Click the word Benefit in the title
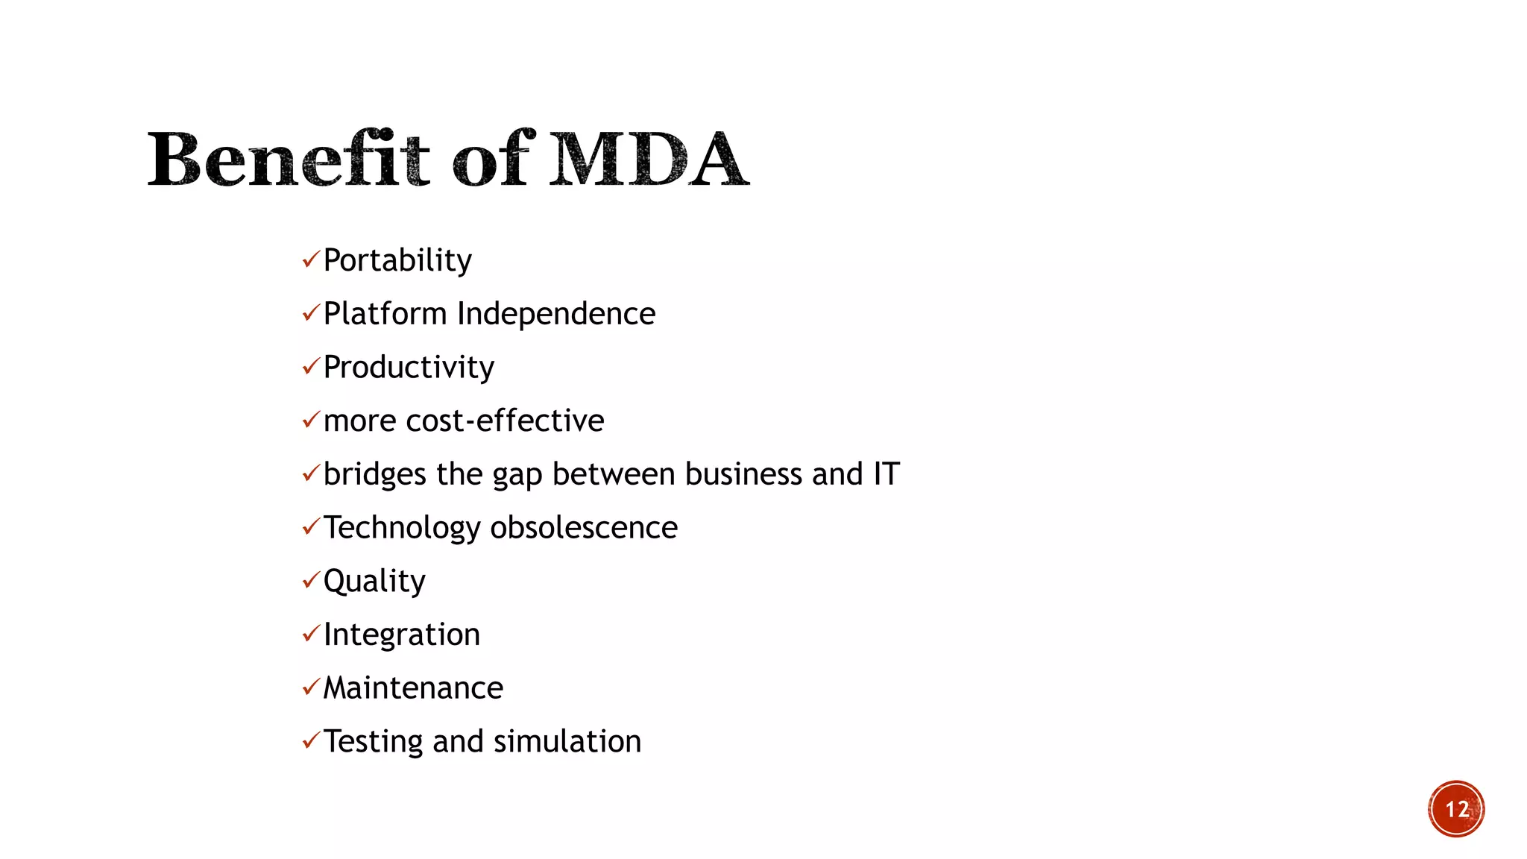[288, 159]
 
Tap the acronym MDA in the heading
[648, 159]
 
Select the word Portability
[397, 260]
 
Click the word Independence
[556, 314]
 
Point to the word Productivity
[409, 368]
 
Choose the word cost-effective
[505, 421]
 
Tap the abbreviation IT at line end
[887, 474]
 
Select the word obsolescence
[584, 528]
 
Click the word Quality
[374, 582]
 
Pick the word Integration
[402, 635]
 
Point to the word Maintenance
[413, 688]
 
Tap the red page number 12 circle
[1456, 809]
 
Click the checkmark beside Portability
[310, 259]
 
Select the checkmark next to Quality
[310, 580]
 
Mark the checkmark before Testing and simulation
[310, 740]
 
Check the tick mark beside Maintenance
[310, 687]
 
